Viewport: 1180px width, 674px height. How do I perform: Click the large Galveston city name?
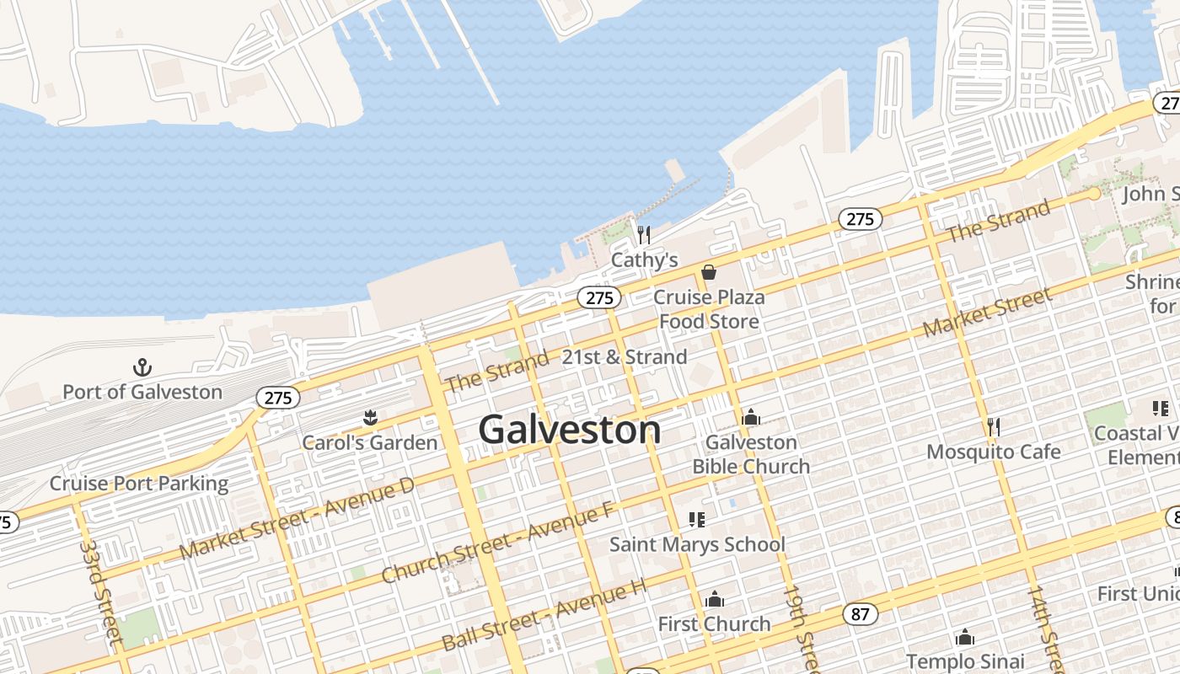[569, 431]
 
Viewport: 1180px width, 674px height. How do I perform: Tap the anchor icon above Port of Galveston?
[142, 367]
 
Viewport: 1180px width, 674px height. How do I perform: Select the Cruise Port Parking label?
[139, 484]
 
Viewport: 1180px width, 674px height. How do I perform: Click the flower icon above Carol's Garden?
[369, 417]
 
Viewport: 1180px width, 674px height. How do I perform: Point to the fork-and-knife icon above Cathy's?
[644, 234]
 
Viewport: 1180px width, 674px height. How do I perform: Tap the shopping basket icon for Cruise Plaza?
[709, 272]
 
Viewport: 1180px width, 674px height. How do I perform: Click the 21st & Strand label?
[625, 357]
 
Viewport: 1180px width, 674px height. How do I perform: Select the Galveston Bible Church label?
[751, 454]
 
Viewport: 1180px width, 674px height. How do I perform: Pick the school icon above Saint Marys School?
[696, 519]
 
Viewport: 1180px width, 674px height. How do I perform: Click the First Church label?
[714, 624]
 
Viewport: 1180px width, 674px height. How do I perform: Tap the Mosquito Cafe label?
[994, 452]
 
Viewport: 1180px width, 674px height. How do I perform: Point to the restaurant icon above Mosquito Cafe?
[994, 427]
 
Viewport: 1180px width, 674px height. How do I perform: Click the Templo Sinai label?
[965, 661]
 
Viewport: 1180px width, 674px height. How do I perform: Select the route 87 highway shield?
[860, 614]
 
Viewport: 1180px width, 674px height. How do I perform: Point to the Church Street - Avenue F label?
[498, 543]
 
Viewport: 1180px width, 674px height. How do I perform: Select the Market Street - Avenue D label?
[298, 518]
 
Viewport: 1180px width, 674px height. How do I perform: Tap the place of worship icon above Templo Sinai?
[965, 638]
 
